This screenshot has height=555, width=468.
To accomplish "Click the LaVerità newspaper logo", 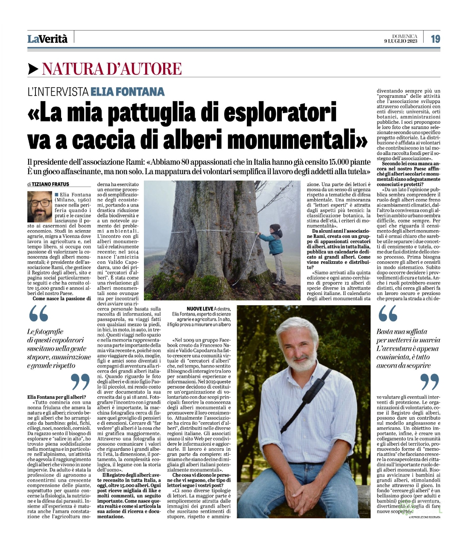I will coord(47,38).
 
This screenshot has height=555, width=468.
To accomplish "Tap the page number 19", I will coord(435,38).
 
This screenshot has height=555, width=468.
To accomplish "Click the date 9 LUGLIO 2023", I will coord(400,41).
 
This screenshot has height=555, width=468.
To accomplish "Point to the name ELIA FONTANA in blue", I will coord(128,91).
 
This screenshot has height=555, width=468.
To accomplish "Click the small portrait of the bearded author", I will coord(40,206).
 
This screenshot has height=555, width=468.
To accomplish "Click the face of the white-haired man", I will coord(300,348).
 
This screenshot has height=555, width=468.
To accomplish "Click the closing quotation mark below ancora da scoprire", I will coord(430,381).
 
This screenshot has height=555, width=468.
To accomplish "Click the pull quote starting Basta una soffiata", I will coord(408,348).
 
